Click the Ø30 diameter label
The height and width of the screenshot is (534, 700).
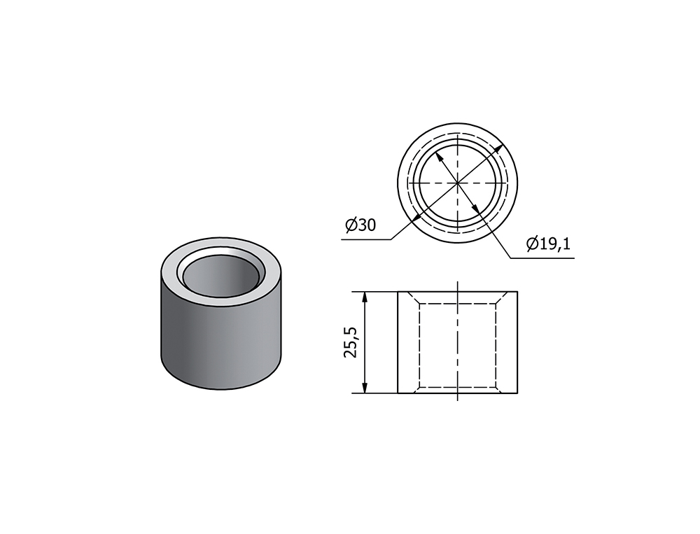[x=360, y=225]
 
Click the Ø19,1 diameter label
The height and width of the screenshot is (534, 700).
[x=548, y=244]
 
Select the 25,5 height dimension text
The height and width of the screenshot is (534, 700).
[x=351, y=342]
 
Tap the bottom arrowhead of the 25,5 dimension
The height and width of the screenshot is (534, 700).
[x=365, y=387]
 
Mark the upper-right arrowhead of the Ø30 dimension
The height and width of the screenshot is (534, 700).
[x=500, y=148]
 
